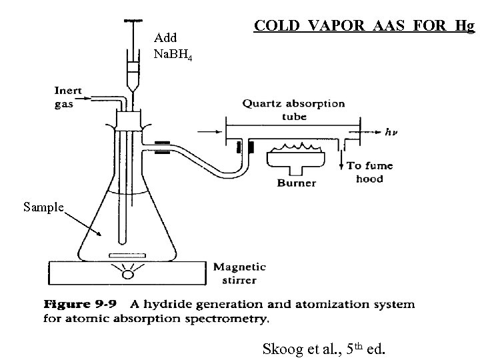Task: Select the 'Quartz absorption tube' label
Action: coord(293,109)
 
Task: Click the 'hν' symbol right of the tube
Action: coord(393,132)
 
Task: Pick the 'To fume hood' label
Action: coord(370,172)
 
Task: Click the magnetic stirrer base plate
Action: coord(127,273)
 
